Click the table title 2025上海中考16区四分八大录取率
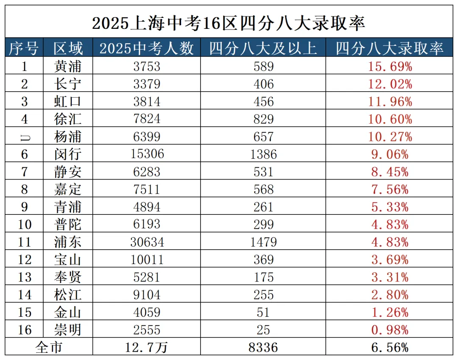(x=229, y=23)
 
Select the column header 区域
(x=68, y=48)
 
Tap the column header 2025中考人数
(x=147, y=48)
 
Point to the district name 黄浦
(x=68, y=67)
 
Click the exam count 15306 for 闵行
(x=147, y=154)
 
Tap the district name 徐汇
(x=68, y=119)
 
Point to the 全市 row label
(x=49, y=347)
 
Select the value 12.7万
(x=147, y=347)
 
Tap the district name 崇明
(x=68, y=330)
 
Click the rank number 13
(x=24, y=277)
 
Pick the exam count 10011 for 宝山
(x=147, y=259)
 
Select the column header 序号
(x=24, y=48)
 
